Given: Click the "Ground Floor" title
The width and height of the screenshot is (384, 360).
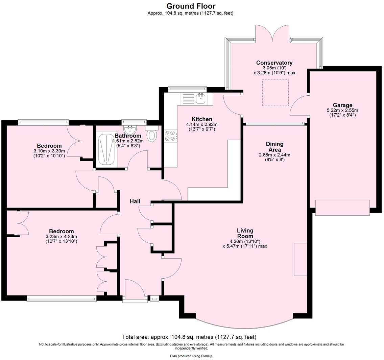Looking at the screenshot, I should pyautogui.click(x=191, y=6).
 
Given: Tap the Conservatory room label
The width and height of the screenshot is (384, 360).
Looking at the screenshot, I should pyautogui.click(x=274, y=63).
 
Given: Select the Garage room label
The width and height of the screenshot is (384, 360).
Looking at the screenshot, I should pyautogui.click(x=342, y=105).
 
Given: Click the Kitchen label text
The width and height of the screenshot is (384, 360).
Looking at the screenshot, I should pyautogui.click(x=202, y=119).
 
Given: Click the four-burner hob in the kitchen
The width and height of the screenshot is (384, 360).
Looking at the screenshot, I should pyautogui.click(x=170, y=136).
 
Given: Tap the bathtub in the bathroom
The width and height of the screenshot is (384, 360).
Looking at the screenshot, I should pyautogui.click(x=106, y=149).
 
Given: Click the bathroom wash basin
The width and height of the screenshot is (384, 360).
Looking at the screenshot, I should pyautogui.click(x=129, y=129).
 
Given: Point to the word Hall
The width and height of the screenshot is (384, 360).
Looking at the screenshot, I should pyautogui.click(x=135, y=201).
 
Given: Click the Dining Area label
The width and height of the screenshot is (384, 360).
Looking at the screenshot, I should pyautogui.click(x=274, y=147).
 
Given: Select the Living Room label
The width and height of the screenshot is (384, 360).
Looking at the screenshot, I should pyautogui.click(x=245, y=233).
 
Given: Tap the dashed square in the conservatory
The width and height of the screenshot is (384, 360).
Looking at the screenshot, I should pyautogui.click(x=275, y=93).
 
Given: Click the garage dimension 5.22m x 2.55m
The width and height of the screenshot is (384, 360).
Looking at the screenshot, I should pyautogui.click(x=342, y=110).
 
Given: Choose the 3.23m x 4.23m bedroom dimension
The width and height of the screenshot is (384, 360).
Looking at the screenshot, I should pyautogui.click(x=61, y=237).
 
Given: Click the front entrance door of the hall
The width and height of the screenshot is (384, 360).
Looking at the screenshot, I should pyautogui.click(x=134, y=290).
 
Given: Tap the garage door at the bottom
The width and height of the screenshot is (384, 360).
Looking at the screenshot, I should pyautogui.click(x=342, y=208).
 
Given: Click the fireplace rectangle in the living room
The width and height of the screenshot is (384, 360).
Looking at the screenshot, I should pyautogui.click(x=300, y=259).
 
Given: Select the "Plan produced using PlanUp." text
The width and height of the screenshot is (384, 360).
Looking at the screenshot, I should pyautogui.click(x=191, y=356).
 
